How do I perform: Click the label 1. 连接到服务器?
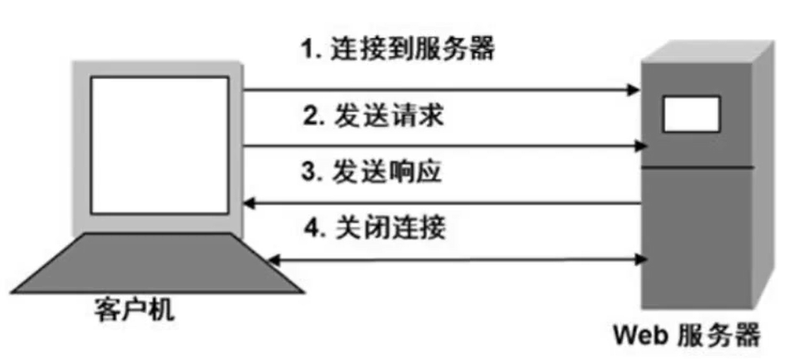click(398, 49)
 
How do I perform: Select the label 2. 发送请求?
click(372, 117)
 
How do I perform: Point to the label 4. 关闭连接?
click(372, 227)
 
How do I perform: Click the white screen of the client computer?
click(159, 144)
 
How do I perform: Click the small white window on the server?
click(691, 114)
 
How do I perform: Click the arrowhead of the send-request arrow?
click(642, 147)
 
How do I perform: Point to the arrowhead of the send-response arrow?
click(249, 202)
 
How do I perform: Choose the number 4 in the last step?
click(307, 227)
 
